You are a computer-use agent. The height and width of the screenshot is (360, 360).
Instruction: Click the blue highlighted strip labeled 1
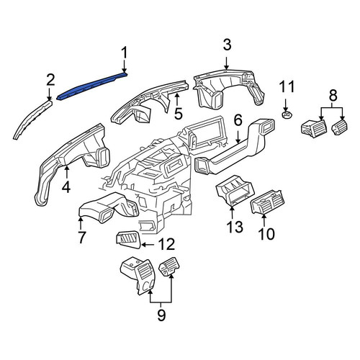[x=91, y=86]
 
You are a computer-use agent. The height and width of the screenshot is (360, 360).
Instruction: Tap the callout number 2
[x=50, y=80]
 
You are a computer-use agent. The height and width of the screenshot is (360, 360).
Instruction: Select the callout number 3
[x=227, y=45]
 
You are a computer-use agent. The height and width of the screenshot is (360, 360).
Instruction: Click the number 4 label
[x=66, y=187]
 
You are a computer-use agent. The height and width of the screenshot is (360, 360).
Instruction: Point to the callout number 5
[x=178, y=114]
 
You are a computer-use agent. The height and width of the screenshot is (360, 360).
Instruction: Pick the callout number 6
[x=238, y=120]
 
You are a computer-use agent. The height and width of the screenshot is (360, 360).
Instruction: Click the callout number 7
[x=81, y=237]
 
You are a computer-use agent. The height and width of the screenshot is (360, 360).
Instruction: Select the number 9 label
[x=161, y=315]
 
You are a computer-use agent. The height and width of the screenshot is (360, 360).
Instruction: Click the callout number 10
[x=266, y=234]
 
